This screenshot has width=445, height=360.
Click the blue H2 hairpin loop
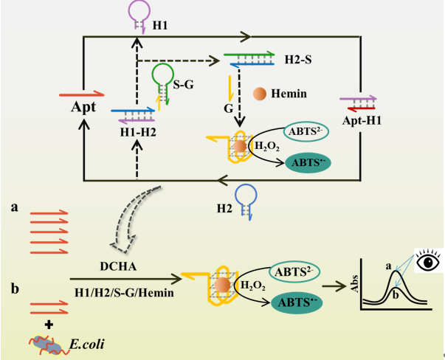(x=244, y=195)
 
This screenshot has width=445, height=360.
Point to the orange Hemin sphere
(x=259, y=94)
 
